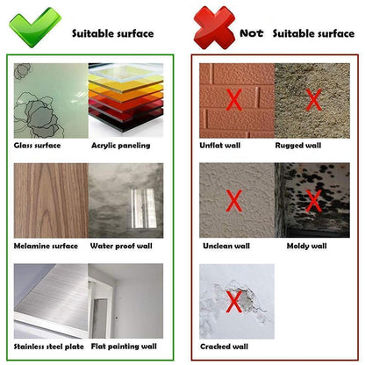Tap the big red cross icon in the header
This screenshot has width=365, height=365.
point(214,28)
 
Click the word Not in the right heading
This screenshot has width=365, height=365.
point(252,33)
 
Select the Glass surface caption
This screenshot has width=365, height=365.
point(37,146)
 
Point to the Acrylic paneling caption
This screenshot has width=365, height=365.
point(121,146)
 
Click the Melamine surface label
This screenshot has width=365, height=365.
point(46,246)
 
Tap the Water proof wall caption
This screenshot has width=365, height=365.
point(121,246)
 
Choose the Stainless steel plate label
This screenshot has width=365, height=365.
point(49,347)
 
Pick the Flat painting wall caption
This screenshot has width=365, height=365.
point(124,347)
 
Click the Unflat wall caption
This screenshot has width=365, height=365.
point(220,146)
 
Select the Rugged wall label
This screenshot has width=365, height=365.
point(298,146)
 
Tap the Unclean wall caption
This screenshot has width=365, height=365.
point(226,246)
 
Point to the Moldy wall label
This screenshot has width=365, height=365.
point(307,247)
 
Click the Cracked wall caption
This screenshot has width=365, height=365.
point(225,347)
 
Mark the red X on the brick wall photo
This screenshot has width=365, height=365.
point(234,100)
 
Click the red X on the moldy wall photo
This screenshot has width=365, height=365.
point(313,201)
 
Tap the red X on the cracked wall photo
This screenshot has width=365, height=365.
point(234,302)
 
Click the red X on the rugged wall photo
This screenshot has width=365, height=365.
point(313,100)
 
